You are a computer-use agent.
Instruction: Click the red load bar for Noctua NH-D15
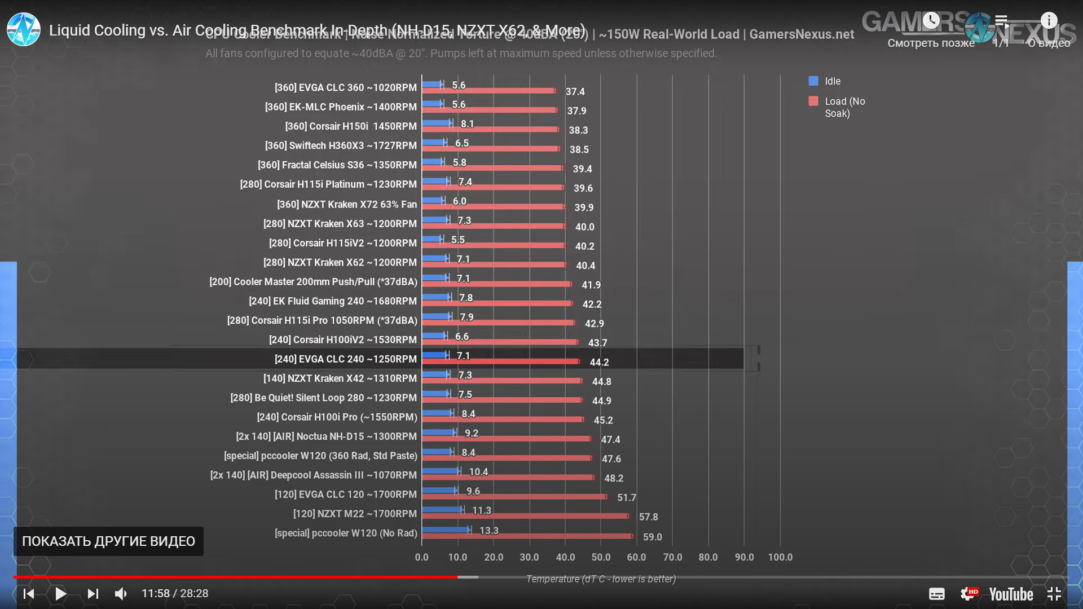click(x=506, y=439)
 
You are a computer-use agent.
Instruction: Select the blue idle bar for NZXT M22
click(x=442, y=510)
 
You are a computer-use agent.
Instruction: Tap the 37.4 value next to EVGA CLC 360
click(x=575, y=91)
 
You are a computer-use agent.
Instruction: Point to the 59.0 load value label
click(x=652, y=537)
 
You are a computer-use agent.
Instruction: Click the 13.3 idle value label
click(x=488, y=531)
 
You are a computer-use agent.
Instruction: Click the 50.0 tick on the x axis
click(x=601, y=557)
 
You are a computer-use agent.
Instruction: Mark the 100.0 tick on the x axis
click(x=780, y=557)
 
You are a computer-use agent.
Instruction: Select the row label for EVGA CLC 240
click(x=345, y=359)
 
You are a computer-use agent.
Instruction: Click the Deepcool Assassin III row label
click(x=313, y=475)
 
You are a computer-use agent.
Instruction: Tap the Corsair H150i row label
click(x=350, y=126)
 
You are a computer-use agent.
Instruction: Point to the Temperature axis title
click(x=601, y=579)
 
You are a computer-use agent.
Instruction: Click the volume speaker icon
click(x=121, y=594)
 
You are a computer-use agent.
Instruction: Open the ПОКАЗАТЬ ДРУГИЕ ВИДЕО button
click(x=108, y=541)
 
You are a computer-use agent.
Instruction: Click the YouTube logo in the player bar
click(x=1011, y=594)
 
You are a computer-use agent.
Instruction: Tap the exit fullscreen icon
click(x=1054, y=594)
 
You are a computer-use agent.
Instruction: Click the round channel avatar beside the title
click(x=23, y=30)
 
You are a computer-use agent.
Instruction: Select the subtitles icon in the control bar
click(x=936, y=594)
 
